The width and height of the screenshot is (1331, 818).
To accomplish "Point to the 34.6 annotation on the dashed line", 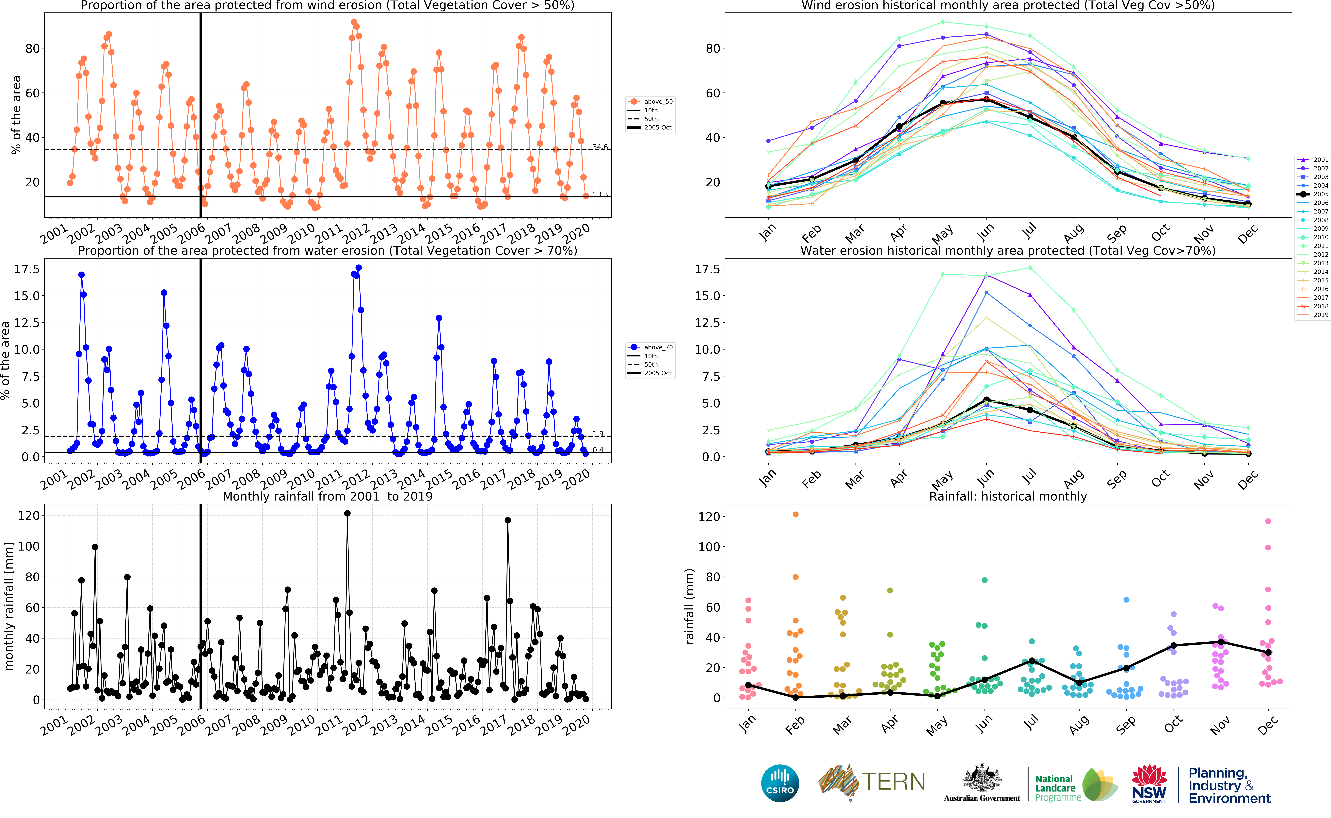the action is [600, 147].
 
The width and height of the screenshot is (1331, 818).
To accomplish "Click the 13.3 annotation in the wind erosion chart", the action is [600, 194].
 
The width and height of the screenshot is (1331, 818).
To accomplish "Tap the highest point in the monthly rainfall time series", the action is [347, 513].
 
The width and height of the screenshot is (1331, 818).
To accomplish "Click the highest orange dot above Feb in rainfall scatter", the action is [795, 515].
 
